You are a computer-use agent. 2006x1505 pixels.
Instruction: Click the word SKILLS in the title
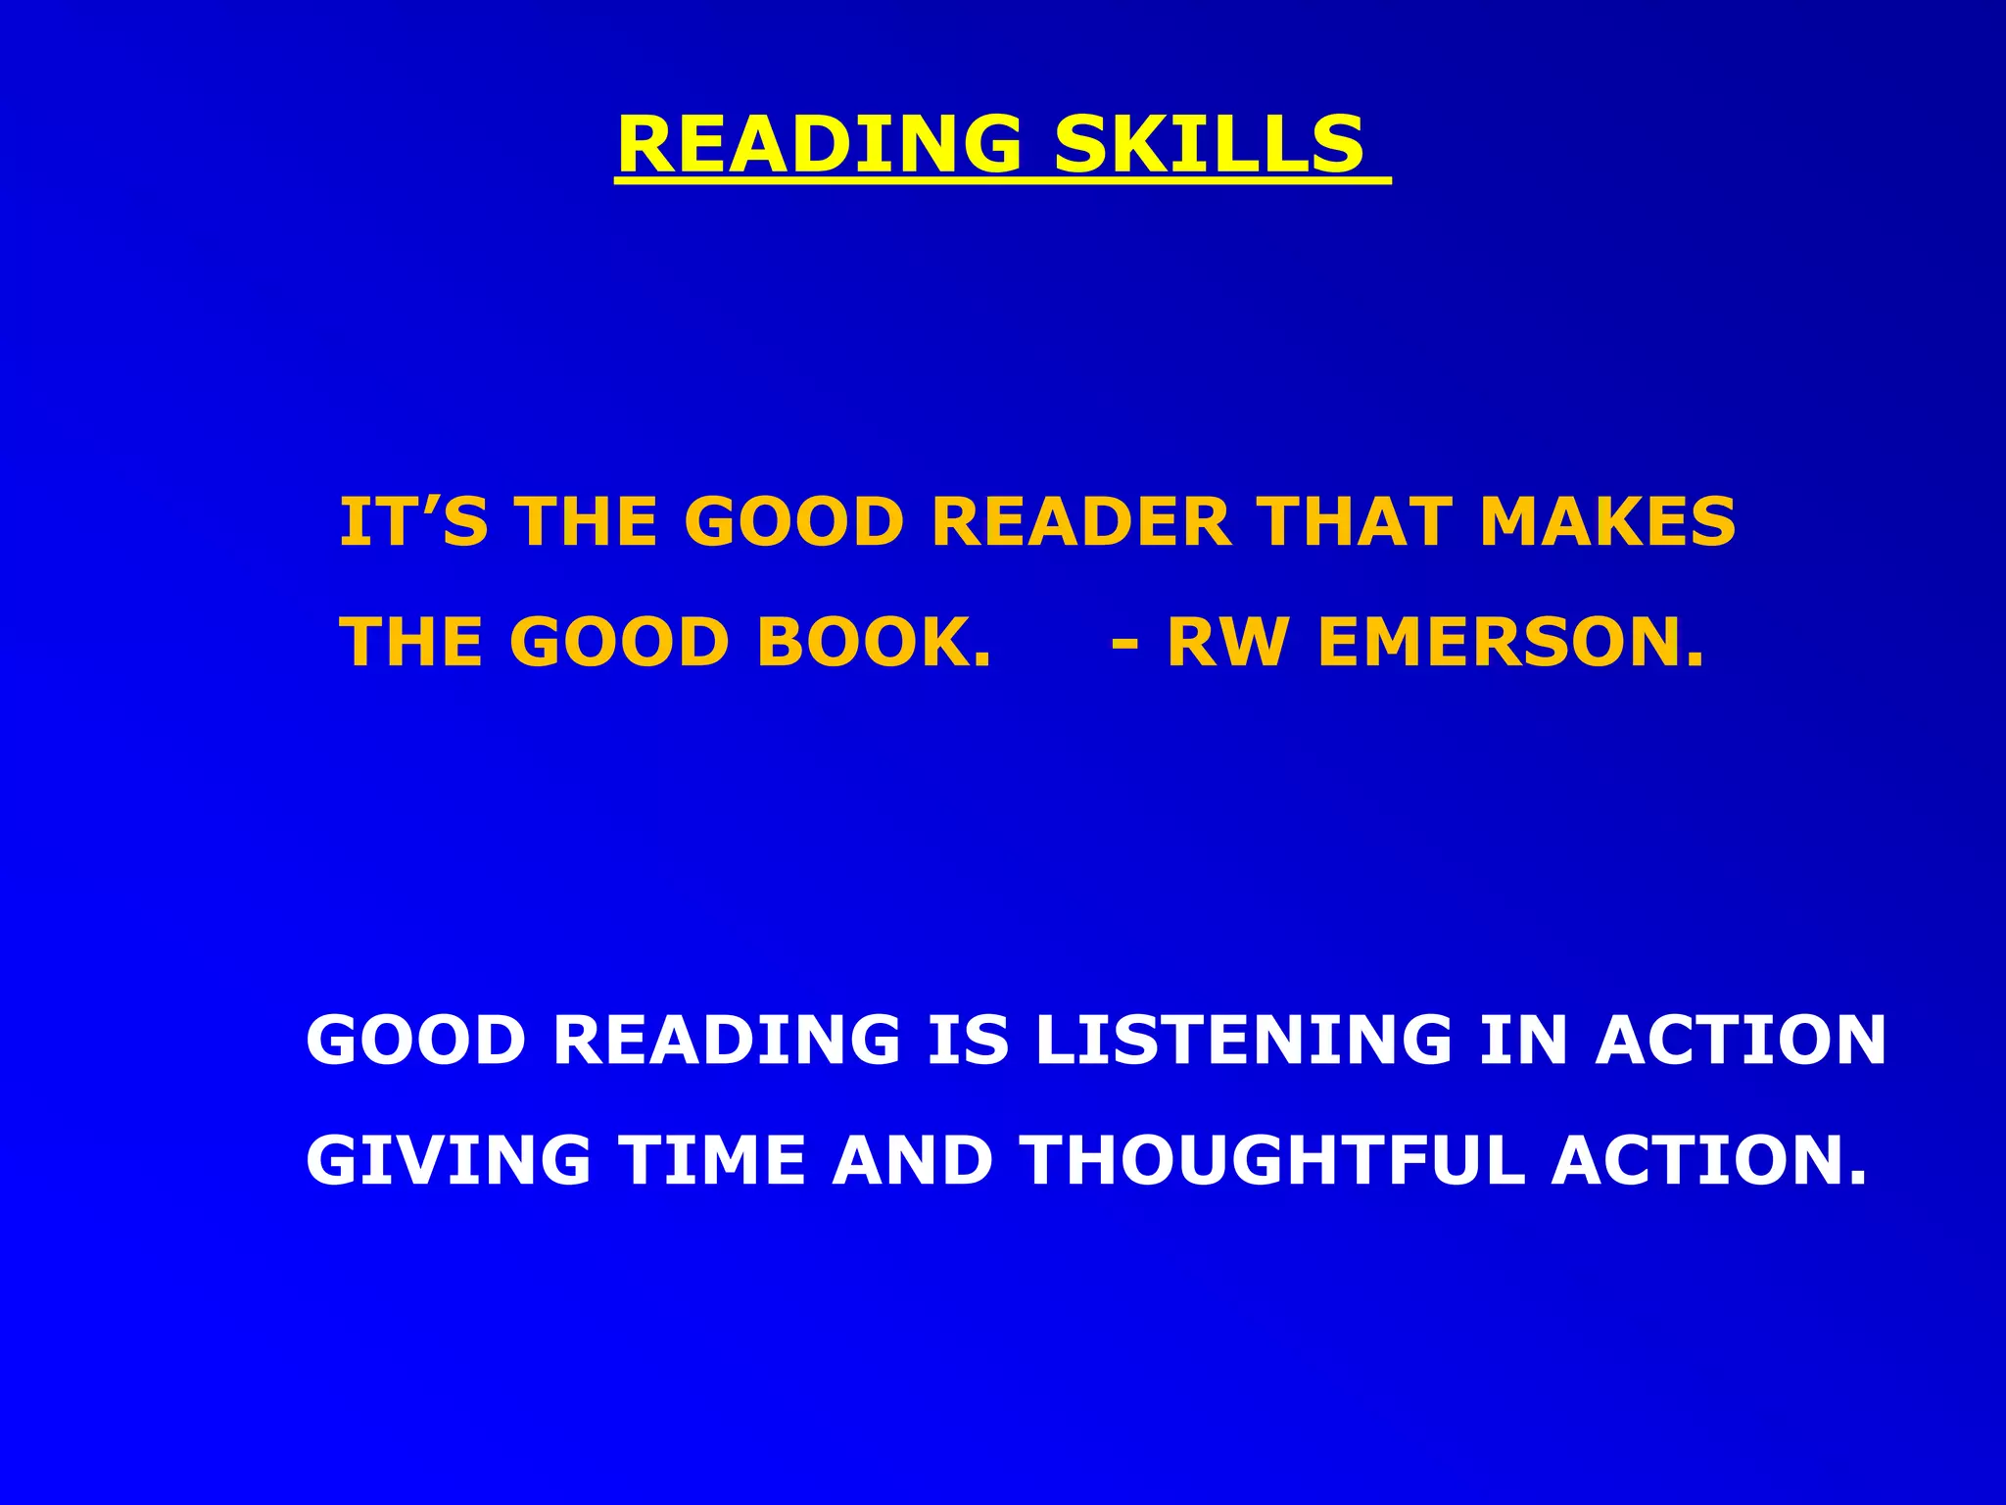[1208, 145]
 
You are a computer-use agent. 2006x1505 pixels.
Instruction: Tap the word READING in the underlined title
[820, 145]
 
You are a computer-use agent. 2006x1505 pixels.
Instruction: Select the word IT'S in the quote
[412, 521]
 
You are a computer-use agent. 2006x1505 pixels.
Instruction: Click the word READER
[1080, 521]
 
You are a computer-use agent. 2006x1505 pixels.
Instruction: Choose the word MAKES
[1607, 521]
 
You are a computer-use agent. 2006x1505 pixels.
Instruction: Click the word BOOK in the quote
[873, 643]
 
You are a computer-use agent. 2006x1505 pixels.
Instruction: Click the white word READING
[727, 1040]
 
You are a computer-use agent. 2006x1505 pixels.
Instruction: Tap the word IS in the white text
[969, 1040]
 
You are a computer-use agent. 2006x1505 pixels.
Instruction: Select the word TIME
[712, 1160]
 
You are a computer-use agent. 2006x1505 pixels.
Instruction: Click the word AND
[912, 1160]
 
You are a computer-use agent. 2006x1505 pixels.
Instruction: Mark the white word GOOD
[417, 1040]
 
